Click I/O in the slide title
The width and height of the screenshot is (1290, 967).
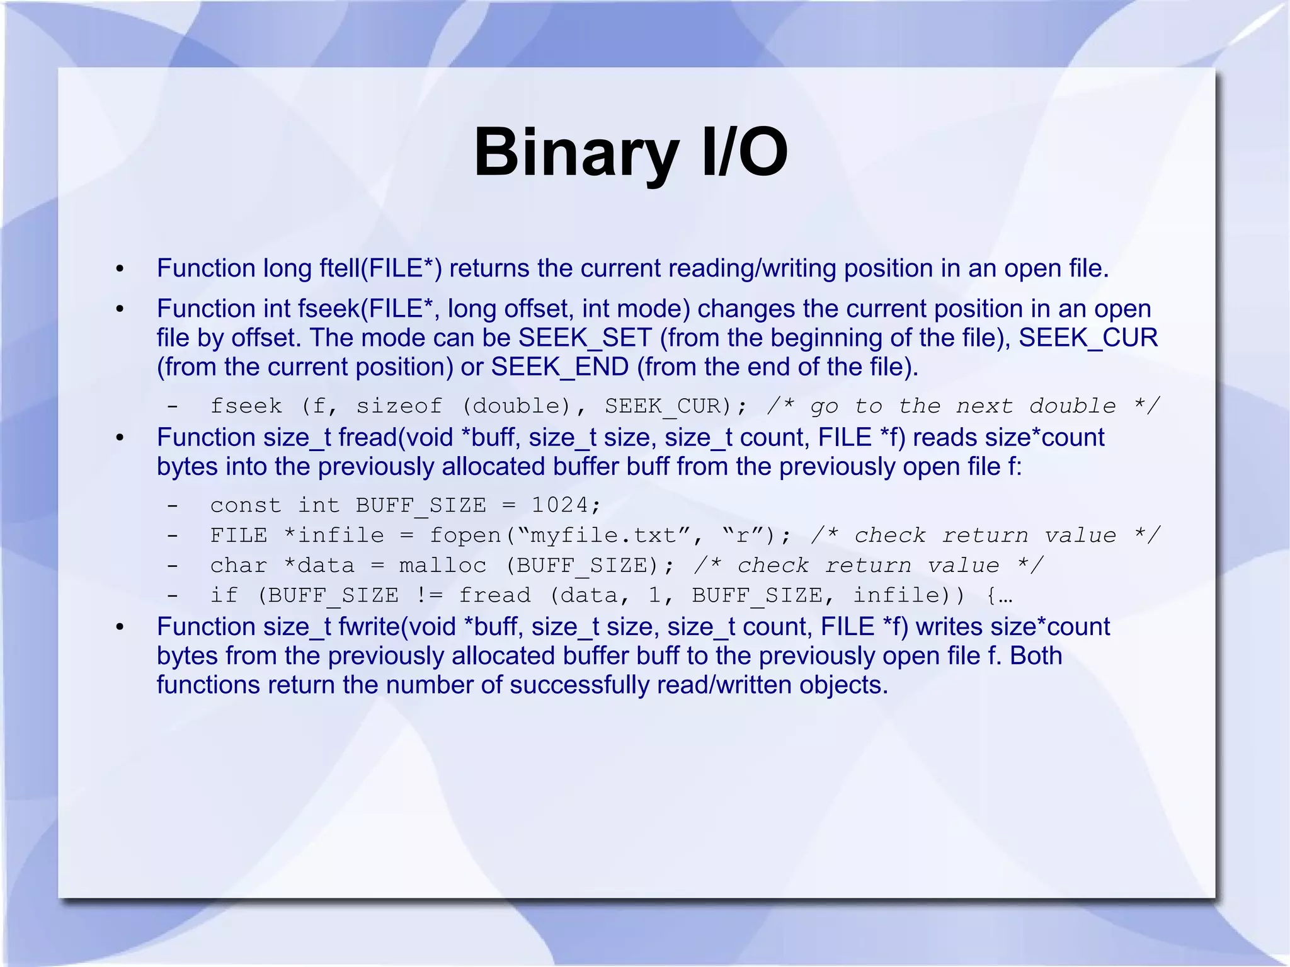[x=744, y=153]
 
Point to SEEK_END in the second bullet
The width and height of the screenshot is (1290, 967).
[x=559, y=367]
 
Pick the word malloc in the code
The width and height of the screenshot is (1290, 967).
[x=442, y=565]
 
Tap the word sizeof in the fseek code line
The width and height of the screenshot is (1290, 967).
[x=399, y=406]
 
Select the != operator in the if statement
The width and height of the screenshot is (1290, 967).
[x=428, y=595]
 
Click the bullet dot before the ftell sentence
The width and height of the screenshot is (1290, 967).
[x=120, y=270]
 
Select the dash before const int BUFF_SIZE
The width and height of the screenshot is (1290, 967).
[x=172, y=505]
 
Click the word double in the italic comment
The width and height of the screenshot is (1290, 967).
[x=1072, y=406]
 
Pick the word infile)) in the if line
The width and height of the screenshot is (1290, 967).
[x=908, y=595]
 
